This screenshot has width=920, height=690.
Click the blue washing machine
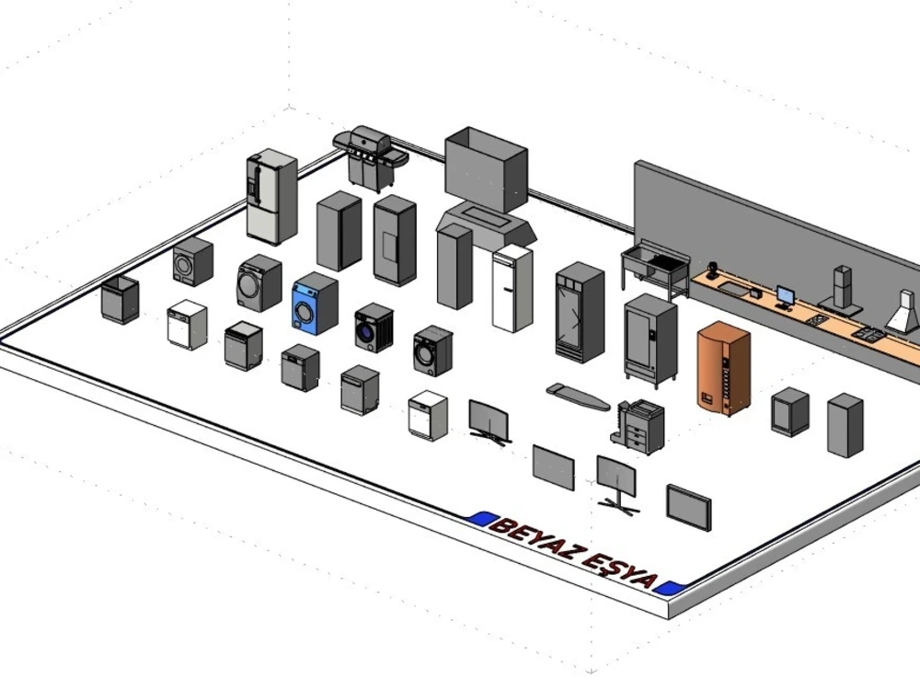point(315,305)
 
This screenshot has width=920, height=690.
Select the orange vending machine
point(723,369)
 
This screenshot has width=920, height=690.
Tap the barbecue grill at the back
point(369,157)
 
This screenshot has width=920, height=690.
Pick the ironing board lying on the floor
point(578,397)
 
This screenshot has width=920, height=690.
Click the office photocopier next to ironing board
point(639,426)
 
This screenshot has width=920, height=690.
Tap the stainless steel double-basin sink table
point(655,267)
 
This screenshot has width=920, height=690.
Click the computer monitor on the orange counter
point(786,297)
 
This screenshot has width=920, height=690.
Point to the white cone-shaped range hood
point(903,313)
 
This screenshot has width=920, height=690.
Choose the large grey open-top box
point(486,168)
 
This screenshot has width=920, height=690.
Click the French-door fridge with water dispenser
point(271,197)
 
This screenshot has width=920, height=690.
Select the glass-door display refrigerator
point(580,313)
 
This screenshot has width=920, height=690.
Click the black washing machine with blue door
point(374,328)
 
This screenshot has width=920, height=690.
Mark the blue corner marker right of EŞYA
point(670,587)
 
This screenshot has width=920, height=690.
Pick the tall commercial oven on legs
point(650,336)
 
